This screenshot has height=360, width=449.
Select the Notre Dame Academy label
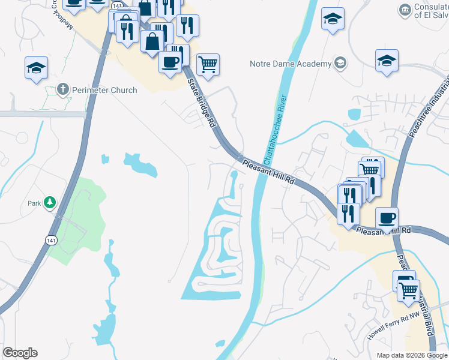(291, 64)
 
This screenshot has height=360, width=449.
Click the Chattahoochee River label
(275, 131)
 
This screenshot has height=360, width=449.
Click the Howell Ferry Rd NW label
(391, 329)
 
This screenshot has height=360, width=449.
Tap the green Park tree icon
(52, 203)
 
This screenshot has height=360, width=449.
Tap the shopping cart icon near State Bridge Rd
(207, 64)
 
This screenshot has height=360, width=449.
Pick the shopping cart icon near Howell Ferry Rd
(408, 290)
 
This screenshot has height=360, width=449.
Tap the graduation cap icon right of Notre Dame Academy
(387, 61)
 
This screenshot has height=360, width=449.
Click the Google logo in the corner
(20, 353)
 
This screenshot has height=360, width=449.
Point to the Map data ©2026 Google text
(412, 355)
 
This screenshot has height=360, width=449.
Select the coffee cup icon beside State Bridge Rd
(170, 61)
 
